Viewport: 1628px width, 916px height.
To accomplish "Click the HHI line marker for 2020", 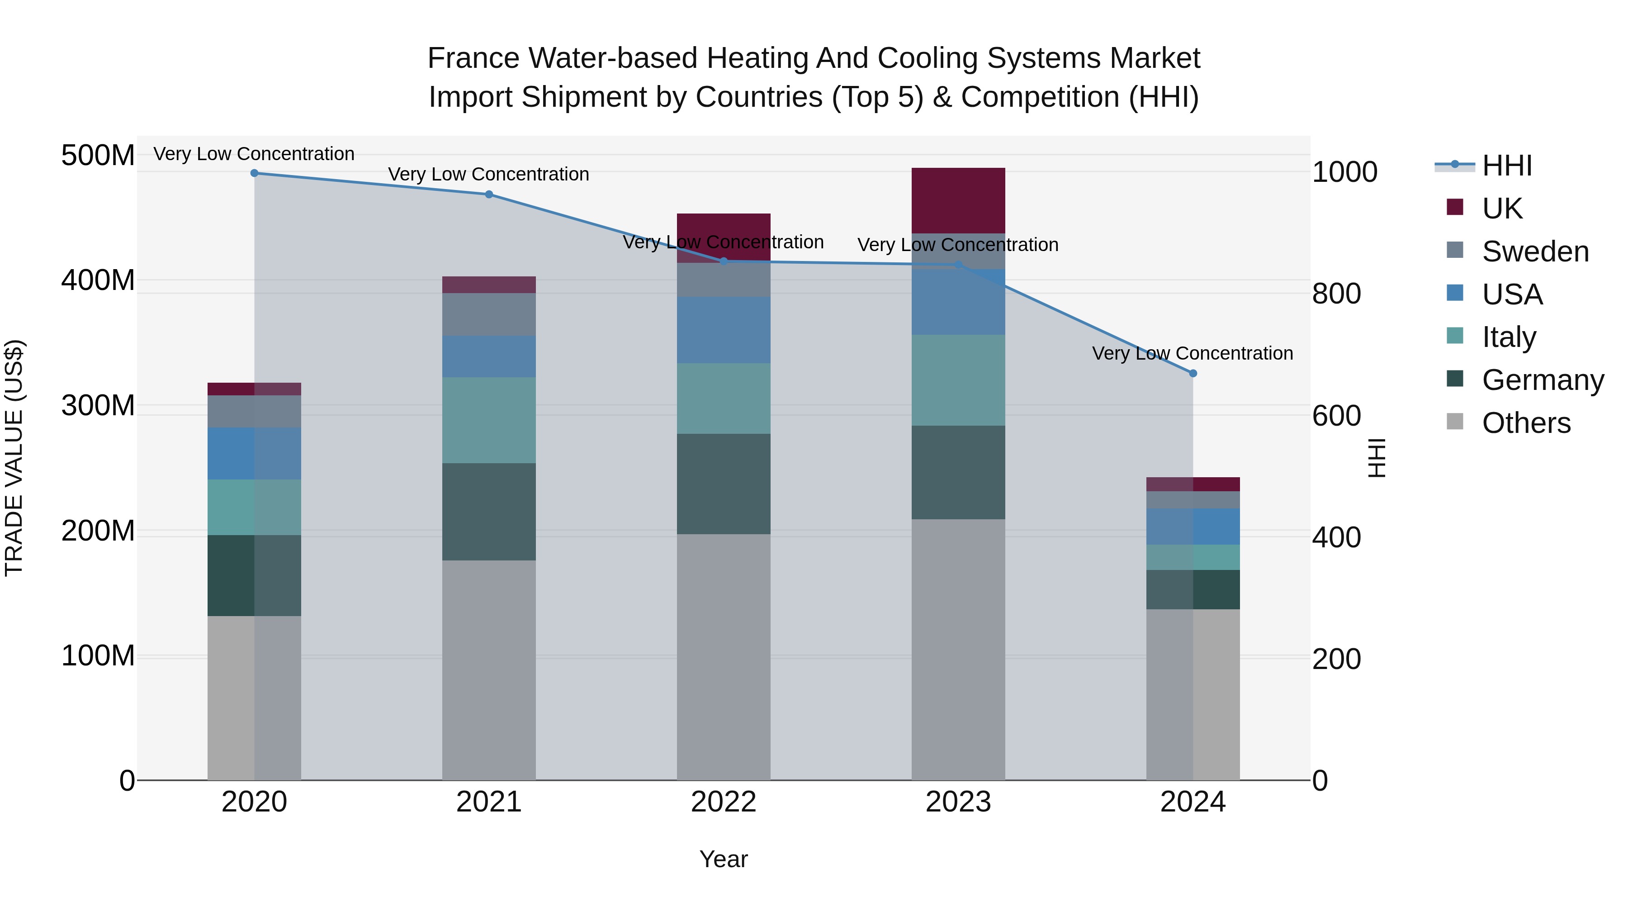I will pyautogui.click(x=254, y=173).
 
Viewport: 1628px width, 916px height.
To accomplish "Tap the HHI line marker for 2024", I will pyautogui.click(x=1193, y=374).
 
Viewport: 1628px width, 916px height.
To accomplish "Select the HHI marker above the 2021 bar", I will pyautogui.click(x=488, y=195).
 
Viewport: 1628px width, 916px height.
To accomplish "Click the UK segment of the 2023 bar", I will pyautogui.click(x=958, y=200).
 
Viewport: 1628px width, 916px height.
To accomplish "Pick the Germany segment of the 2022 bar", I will pyautogui.click(x=724, y=484).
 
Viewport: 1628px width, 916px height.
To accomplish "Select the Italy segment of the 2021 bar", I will pyautogui.click(x=488, y=420).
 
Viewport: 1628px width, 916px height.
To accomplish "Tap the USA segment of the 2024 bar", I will pyautogui.click(x=1193, y=526).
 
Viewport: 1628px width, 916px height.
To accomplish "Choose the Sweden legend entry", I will pyautogui.click(x=1534, y=252).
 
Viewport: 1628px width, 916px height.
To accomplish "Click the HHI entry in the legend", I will pyautogui.click(x=1507, y=166).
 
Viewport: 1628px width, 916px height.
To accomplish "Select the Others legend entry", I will pyautogui.click(x=1526, y=423).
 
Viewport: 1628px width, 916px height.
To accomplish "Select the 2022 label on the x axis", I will pyautogui.click(x=724, y=802).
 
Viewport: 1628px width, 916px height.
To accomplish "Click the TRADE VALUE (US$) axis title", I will pyautogui.click(x=14, y=458).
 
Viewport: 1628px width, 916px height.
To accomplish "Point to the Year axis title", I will pyautogui.click(x=724, y=859).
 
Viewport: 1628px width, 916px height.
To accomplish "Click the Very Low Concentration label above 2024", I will pyautogui.click(x=1192, y=353).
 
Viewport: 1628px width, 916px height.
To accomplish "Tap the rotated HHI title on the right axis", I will pyautogui.click(x=1375, y=458).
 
